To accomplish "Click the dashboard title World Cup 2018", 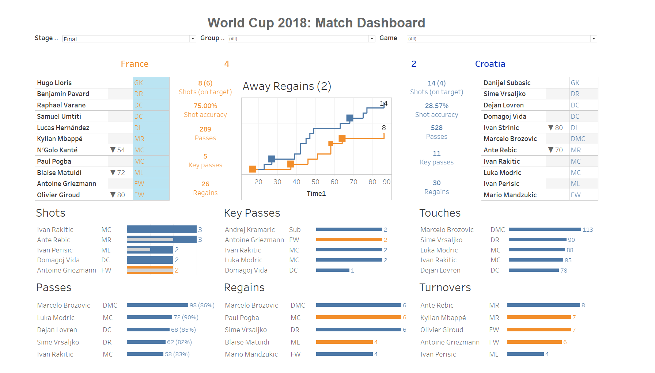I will coord(316,23).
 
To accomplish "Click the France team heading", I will coord(135,64).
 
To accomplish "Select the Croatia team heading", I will coord(490,64).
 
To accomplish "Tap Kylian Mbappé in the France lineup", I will coord(60,139).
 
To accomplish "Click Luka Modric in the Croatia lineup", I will coord(502,173).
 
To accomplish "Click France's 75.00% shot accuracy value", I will coord(205,106).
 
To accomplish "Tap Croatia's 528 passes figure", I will coord(436,128).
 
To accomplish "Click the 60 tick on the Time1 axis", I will coord(334,182).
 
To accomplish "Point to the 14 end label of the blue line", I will coord(383,103).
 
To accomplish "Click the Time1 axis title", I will coord(316,194).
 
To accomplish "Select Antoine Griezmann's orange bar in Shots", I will coord(150,270).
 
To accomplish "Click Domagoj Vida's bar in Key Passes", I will coord(333,270).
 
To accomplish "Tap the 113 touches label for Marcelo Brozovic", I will coord(588,230).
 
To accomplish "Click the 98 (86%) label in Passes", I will coord(202,305).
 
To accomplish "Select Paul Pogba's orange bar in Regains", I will coord(358,317).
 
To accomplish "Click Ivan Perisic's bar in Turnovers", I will coord(525,354).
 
